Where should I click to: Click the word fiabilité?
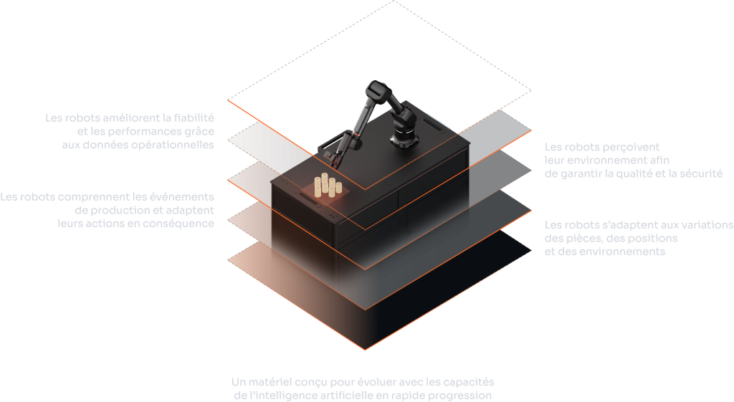[x=194, y=118]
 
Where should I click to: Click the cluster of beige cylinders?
[x=328, y=185]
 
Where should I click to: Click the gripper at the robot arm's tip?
[x=334, y=158]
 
